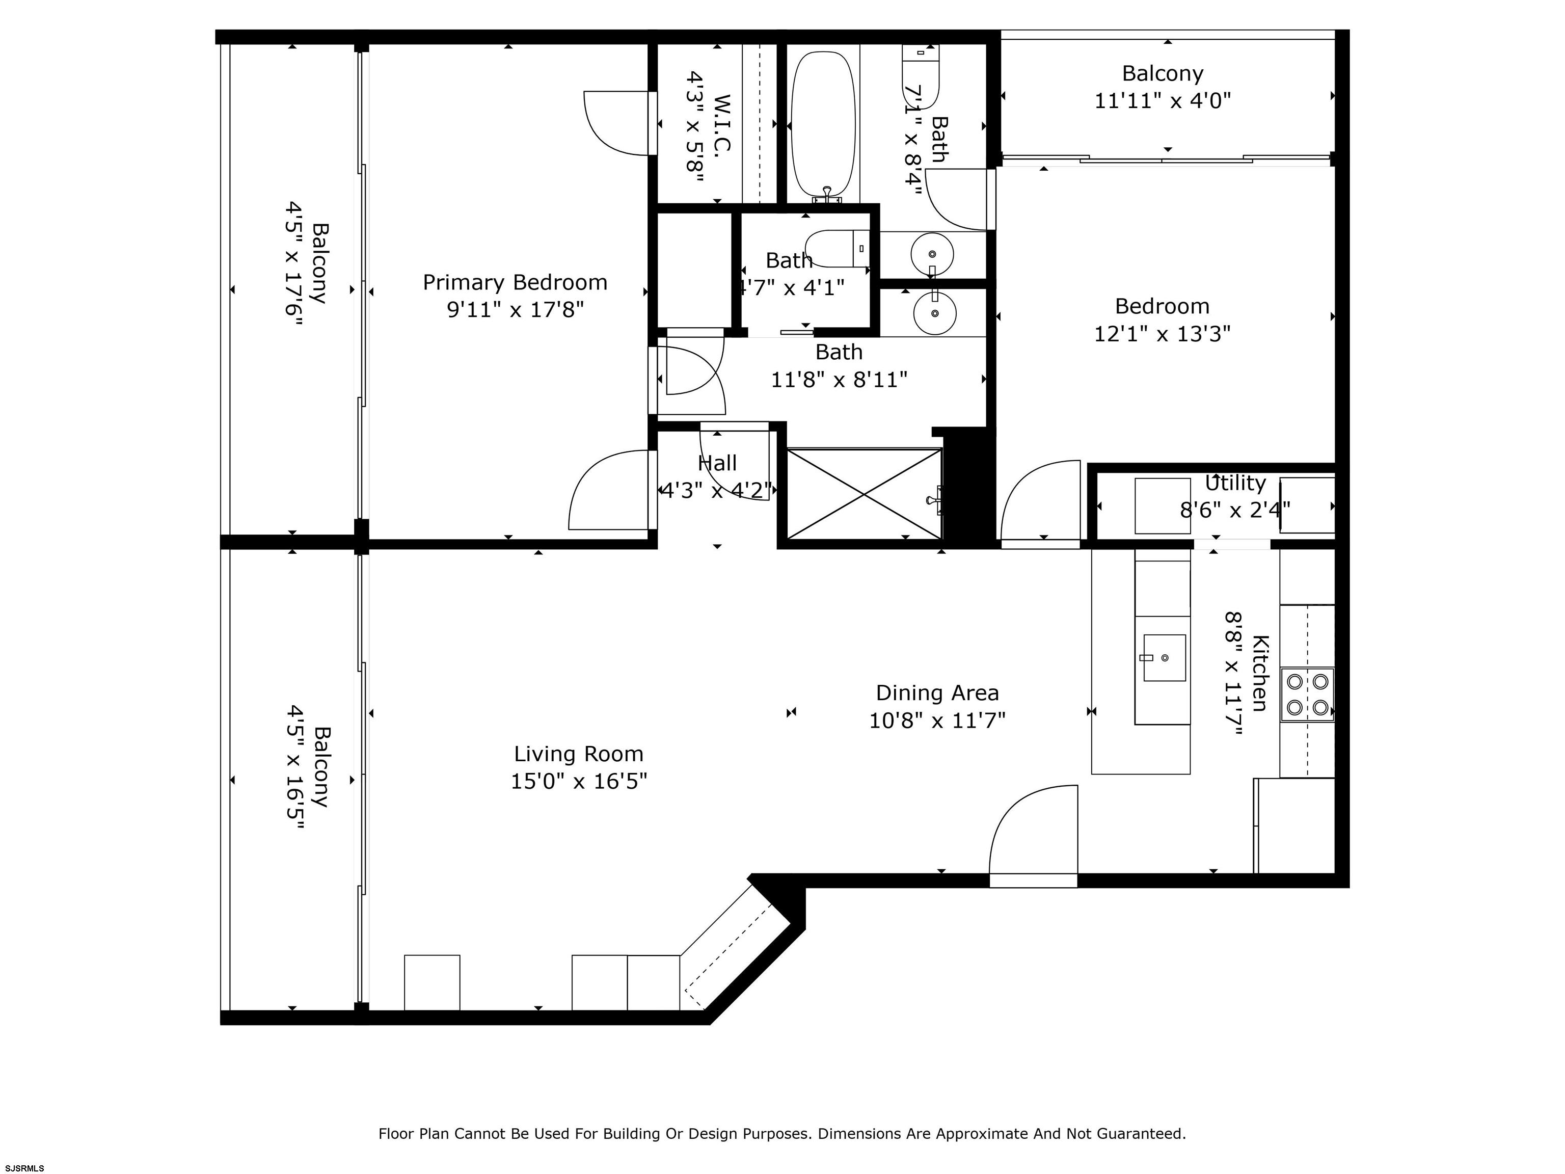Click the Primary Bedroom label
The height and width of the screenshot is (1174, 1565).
pos(515,282)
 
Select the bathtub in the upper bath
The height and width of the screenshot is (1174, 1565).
pos(822,124)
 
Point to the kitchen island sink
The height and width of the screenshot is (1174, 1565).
pos(1164,657)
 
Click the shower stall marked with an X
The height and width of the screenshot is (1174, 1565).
pos(864,493)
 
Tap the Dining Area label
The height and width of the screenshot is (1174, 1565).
pos(937,693)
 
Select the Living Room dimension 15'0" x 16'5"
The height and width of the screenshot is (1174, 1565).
pos(579,781)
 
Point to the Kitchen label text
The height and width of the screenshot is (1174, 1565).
pos(1260,673)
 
